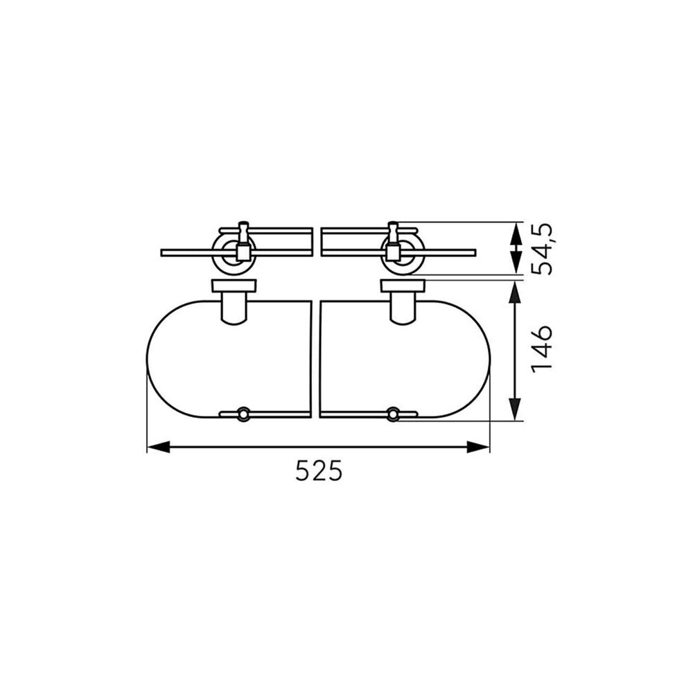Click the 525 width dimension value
point(319,471)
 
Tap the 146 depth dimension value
point(543,349)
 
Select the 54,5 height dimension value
point(543,249)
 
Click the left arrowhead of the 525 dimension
point(158,447)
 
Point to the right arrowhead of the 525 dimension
point(477,447)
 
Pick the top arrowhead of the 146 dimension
point(515,293)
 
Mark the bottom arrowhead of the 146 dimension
point(515,409)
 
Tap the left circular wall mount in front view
point(234,253)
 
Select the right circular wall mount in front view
point(401,253)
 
